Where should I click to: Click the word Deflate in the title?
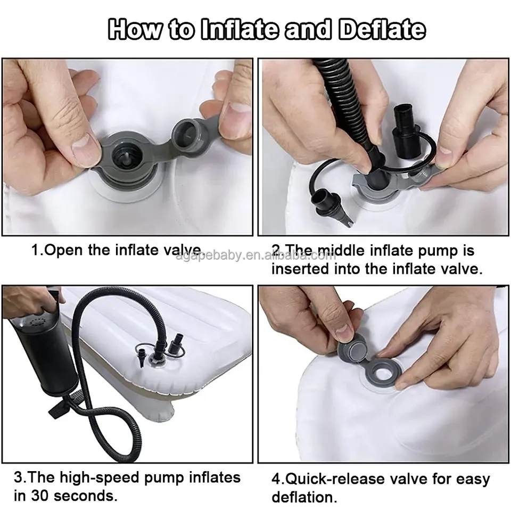[382, 30]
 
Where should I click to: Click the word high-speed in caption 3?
[97, 477]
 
